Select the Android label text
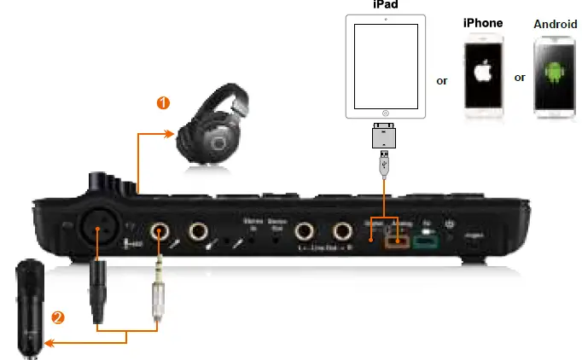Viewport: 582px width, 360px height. point(556,25)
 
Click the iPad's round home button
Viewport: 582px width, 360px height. point(385,113)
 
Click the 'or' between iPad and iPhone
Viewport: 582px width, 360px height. point(442,81)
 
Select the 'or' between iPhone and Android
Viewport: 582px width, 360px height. point(520,78)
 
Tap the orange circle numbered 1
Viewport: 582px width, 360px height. point(163,103)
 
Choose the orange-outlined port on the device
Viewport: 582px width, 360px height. point(397,240)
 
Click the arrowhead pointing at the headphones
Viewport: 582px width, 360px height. point(168,132)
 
